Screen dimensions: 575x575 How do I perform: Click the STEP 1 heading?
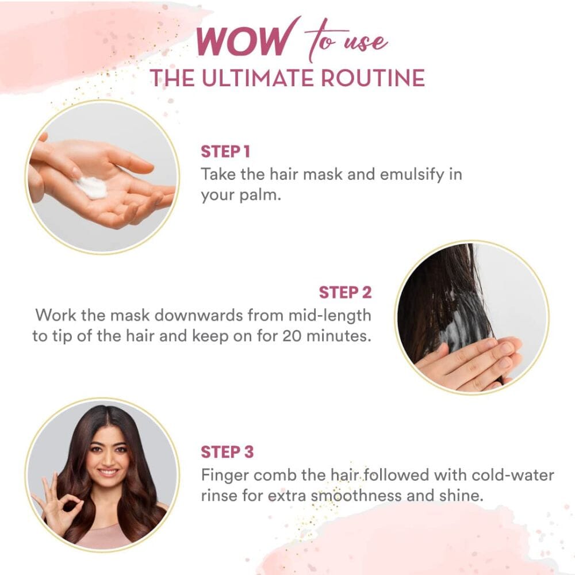click(x=225, y=151)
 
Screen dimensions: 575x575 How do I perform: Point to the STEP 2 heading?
click(x=345, y=292)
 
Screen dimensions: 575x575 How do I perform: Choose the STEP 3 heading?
click(x=227, y=452)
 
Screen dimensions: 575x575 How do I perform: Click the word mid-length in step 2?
click(x=329, y=315)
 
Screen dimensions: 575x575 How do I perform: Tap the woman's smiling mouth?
click(x=109, y=472)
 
